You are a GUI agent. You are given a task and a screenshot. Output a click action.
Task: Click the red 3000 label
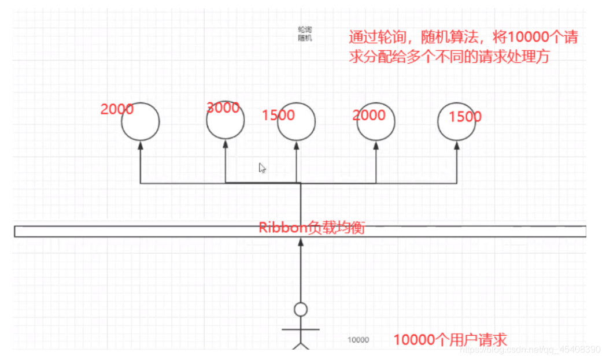point(223,107)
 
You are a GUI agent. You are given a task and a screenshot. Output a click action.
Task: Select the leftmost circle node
point(141,122)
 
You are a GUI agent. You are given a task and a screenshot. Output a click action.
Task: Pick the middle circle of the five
point(297,123)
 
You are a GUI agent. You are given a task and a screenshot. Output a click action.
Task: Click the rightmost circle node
point(457,123)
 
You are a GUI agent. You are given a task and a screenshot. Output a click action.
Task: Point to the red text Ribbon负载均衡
point(311,228)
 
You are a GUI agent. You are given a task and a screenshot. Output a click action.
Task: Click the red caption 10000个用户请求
point(450,339)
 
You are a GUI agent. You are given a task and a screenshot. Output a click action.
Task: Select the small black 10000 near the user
point(358,340)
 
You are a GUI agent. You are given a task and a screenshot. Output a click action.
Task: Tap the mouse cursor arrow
point(262,168)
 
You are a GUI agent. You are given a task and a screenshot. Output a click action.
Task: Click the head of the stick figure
point(300,310)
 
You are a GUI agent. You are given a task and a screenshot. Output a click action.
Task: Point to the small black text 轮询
point(305,29)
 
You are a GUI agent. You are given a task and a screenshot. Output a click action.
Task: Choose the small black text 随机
point(305,38)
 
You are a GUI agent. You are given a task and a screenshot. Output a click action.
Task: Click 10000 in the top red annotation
point(521,38)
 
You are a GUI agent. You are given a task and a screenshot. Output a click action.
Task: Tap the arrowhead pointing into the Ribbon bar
point(300,243)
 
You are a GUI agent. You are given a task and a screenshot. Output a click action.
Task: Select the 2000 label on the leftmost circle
point(117,109)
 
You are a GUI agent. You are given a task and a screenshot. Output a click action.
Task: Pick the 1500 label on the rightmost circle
point(465,117)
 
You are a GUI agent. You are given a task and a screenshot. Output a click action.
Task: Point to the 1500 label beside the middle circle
point(278,115)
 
